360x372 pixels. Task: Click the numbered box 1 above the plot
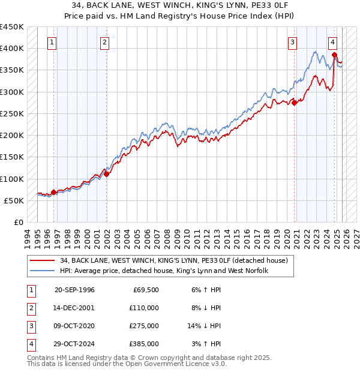pos(53,42)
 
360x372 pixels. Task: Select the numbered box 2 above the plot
pos(104,42)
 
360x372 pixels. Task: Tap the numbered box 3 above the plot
pos(292,42)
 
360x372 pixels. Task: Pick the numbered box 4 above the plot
pos(332,42)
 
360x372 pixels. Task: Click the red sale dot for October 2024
pos(334,55)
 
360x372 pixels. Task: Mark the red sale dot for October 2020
pos(295,103)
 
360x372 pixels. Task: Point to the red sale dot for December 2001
pos(107,175)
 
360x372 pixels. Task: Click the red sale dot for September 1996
pos(54,192)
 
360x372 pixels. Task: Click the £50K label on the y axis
pos(14,200)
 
